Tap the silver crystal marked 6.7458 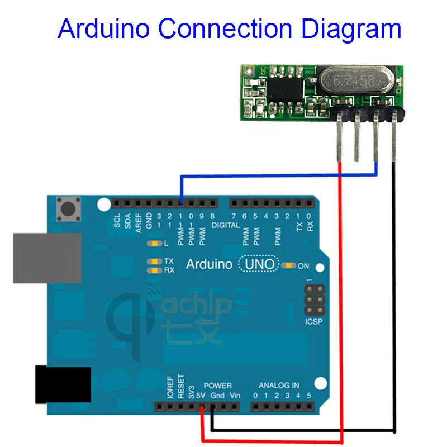click(354, 81)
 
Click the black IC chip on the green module click(286, 89)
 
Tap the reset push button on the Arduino click(69, 210)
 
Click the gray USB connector click(47, 257)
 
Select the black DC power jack click(63, 384)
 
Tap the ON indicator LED click(289, 265)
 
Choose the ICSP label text click(313, 323)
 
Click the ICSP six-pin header click(313, 301)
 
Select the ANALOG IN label click(278, 386)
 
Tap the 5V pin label click(201, 396)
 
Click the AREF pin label click(139, 221)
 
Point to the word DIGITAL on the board click(226, 226)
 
